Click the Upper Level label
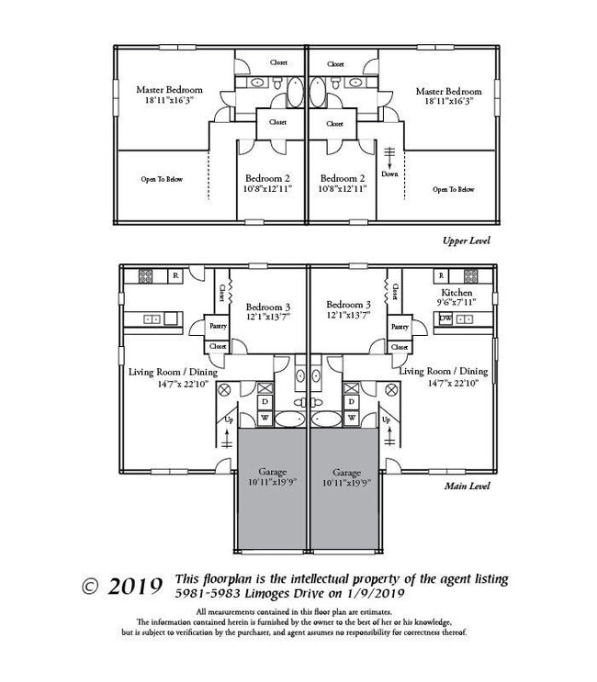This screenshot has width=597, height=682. (x=467, y=240)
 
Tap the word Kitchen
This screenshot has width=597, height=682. (x=456, y=292)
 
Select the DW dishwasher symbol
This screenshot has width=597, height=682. (x=445, y=319)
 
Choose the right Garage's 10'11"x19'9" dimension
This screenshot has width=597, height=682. (x=344, y=481)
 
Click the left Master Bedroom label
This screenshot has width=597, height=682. (x=169, y=90)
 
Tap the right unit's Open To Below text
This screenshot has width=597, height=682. (x=454, y=190)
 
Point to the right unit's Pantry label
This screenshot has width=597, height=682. (x=399, y=326)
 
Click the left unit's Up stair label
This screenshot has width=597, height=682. (x=228, y=419)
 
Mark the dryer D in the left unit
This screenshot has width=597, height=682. (x=265, y=402)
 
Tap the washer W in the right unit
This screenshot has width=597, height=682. (x=351, y=418)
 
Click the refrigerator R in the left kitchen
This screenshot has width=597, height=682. (x=175, y=274)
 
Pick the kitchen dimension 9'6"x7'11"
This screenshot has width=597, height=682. (x=456, y=302)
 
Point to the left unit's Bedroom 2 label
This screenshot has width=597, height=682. (x=267, y=178)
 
